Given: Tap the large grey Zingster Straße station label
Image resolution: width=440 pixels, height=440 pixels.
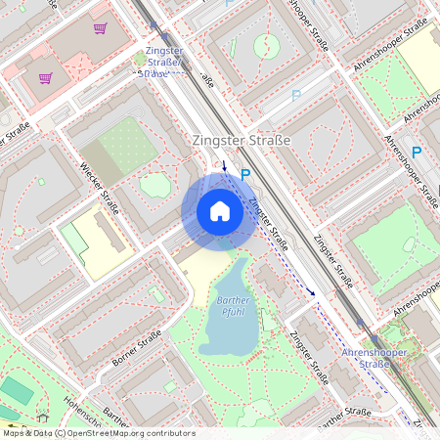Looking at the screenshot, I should (x=242, y=141).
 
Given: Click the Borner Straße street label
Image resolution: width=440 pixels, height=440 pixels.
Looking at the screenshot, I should (x=136, y=347).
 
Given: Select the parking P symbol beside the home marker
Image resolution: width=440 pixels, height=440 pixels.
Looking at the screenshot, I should (x=245, y=174).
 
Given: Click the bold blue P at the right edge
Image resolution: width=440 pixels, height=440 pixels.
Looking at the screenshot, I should (x=417, y=153).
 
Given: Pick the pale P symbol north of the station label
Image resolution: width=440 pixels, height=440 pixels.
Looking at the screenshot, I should (x=296, y=96).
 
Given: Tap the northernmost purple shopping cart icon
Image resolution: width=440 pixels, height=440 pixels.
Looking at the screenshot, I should (x=100, y=28).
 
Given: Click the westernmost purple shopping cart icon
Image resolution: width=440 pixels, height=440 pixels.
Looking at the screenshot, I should (x=45, y=77).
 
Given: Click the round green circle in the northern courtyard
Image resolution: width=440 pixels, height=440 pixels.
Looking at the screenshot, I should (x=265, y=45).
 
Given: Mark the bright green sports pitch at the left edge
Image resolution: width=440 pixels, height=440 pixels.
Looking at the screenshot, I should (x=17, y=390).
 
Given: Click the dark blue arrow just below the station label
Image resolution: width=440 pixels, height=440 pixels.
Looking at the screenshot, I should (x=225, y=164).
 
